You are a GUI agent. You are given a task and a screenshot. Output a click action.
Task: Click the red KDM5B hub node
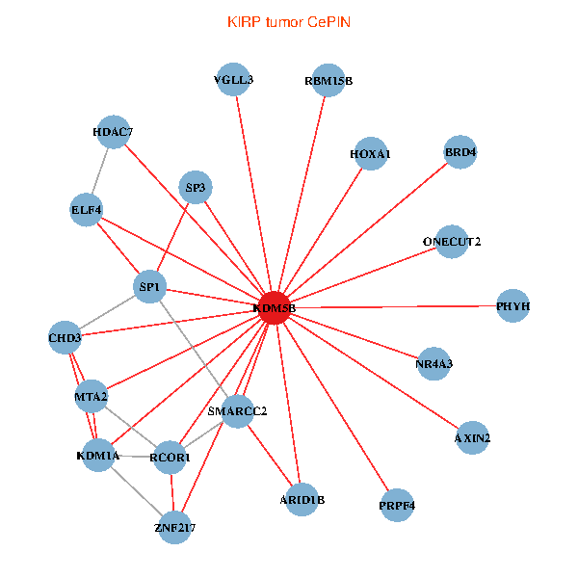click(275, 307)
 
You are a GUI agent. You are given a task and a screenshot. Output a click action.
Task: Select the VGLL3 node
click(234, 80)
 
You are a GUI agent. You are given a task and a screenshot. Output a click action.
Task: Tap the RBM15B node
click(328, 82)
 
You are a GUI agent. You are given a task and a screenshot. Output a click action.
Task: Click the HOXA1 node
click(371, 154)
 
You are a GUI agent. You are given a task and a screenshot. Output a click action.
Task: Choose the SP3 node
click(196, 188)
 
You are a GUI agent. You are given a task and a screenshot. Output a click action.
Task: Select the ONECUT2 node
click(452, 241)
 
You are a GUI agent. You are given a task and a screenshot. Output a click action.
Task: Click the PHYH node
click(513, 306)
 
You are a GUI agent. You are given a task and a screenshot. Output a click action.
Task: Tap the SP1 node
click(149, 287)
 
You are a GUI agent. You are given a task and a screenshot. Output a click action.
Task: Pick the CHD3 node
click(66, 338)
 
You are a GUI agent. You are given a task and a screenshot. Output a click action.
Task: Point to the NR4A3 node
click(433, 364)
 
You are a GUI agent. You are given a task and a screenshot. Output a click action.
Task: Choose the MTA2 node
click(91, 396)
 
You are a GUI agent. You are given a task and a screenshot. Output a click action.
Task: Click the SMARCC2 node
click(237, 411)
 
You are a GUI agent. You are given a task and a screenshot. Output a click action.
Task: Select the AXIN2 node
click(472, 438)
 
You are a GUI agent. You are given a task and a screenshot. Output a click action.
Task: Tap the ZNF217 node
click(174, 527)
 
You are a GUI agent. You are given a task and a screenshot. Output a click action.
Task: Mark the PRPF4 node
click(397, 505)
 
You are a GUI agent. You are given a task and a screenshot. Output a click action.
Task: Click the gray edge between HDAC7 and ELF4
click(100, 171)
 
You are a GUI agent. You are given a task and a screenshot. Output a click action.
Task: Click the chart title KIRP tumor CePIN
click(288, 20)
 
